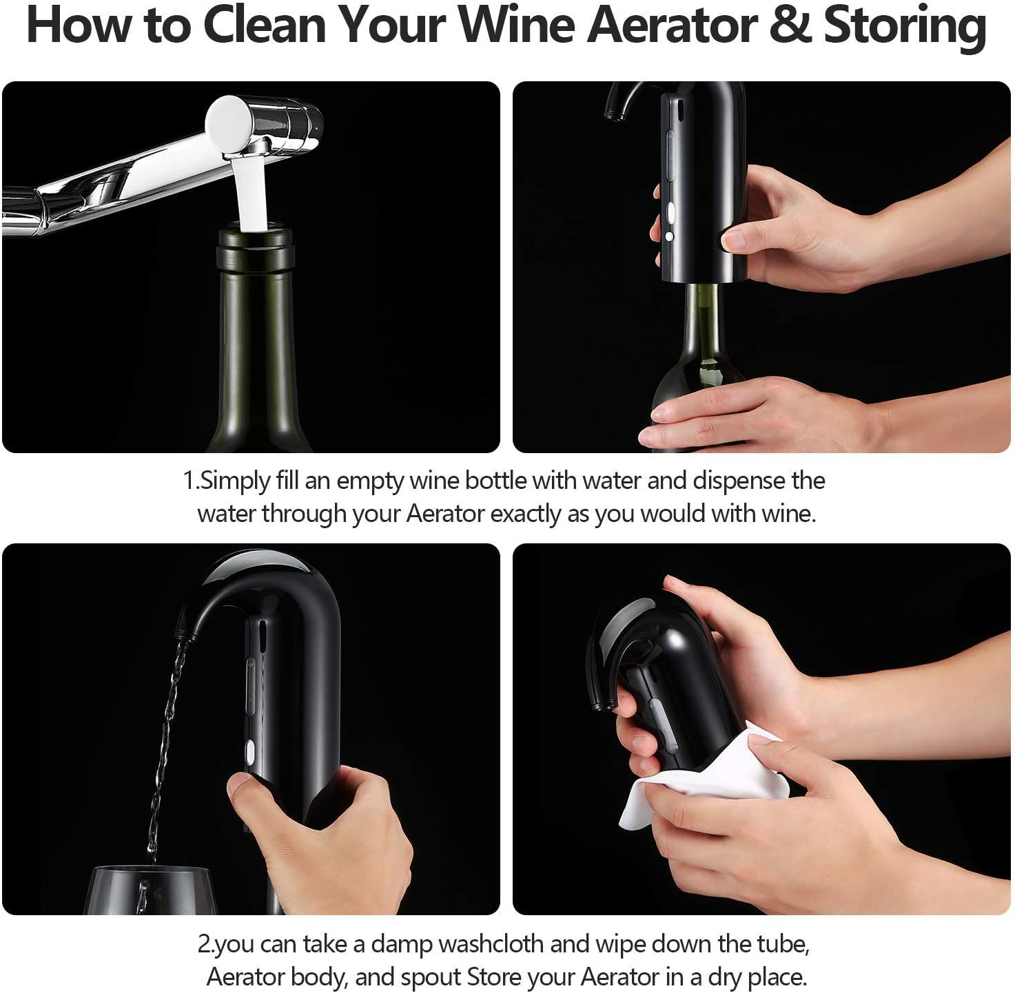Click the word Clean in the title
265,25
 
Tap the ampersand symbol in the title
790,25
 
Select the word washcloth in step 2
491,944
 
